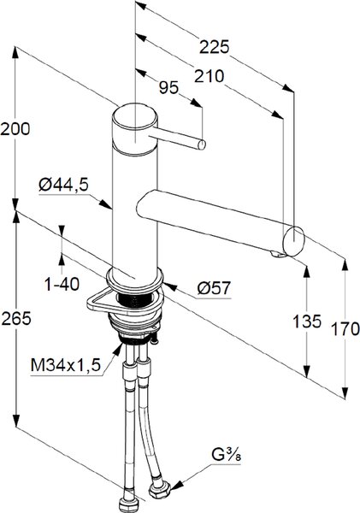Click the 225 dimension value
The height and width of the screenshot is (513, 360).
[215, 47]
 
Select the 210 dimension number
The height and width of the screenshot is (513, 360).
[210, 76]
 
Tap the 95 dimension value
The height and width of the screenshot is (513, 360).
[168, 87]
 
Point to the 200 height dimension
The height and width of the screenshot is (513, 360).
[15, 128]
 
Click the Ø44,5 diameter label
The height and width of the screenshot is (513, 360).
[63, 185]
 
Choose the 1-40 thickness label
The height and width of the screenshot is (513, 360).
[62, 284]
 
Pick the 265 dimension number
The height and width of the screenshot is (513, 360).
[16, 318]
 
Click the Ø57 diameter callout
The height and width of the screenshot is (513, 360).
[214, 288]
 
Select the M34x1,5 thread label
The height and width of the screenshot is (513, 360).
[66, 365]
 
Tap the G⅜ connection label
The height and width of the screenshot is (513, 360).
[226, 455]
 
